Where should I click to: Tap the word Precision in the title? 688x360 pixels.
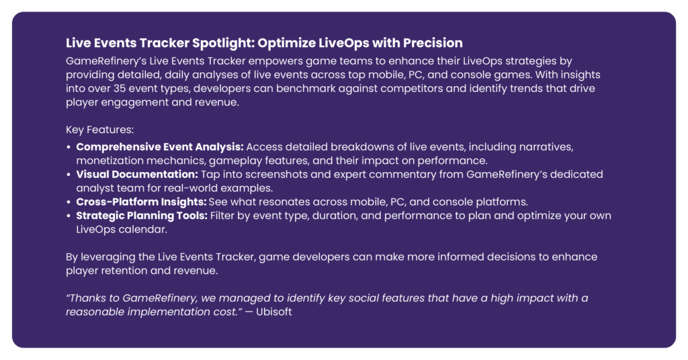point(433,43)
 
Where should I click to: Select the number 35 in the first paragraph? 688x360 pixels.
point(120,89)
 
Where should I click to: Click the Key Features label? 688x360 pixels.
point(99,130)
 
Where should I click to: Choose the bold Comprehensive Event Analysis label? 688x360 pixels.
point(160,147)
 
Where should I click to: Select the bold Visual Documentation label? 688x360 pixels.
point(137,174)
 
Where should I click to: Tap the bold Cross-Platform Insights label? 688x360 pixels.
point(141,201)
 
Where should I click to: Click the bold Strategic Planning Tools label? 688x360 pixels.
point(142,216)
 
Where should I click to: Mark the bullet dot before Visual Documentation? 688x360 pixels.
point(69,175)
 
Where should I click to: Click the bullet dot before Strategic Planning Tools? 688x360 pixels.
point(69,216)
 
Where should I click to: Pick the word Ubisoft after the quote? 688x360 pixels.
point(274,312)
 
